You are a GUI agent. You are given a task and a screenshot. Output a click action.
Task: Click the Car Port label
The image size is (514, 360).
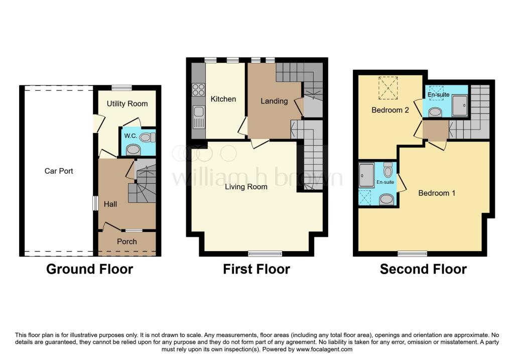tap(59, 171)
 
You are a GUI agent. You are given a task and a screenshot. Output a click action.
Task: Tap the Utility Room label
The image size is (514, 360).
tap(127, 103)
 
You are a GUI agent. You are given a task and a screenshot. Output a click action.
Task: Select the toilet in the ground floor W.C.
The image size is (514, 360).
tap(147, 137)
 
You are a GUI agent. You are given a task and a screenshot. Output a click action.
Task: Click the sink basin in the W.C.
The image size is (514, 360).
tap(134, 150)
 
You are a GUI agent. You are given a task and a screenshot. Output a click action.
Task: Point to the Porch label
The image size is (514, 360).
tap(127, 242)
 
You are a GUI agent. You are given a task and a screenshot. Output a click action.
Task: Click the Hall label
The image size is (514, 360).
tap(110, 204)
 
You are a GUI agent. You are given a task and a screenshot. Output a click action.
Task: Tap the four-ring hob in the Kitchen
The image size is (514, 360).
tap(198, 90)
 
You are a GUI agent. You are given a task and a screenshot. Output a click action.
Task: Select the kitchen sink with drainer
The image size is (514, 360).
tap(198, 116)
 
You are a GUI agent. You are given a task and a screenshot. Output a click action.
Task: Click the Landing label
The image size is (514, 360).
tap(274, 101)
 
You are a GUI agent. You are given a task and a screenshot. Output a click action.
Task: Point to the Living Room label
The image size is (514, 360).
tap(246, 187)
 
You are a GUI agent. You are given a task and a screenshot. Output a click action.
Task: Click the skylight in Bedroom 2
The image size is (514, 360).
tap(388, 88)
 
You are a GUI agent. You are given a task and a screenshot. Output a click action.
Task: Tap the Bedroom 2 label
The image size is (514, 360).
tap(390, 110)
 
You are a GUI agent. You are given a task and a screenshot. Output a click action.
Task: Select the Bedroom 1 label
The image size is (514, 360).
tap(437, 193)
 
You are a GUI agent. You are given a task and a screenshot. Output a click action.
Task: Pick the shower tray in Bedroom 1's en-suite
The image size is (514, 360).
tap(366, 175)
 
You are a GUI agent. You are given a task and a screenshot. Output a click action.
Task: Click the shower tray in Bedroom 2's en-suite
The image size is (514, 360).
tap(460, 105)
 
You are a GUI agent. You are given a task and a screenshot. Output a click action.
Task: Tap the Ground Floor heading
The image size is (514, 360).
tap(89, 269)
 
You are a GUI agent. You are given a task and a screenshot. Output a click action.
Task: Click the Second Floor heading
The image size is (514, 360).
tap(423, 269)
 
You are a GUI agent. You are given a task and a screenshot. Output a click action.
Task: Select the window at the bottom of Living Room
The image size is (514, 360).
tap(265, 254)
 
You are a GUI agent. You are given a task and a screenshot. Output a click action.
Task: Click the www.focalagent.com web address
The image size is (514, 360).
tap(324, 349)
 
